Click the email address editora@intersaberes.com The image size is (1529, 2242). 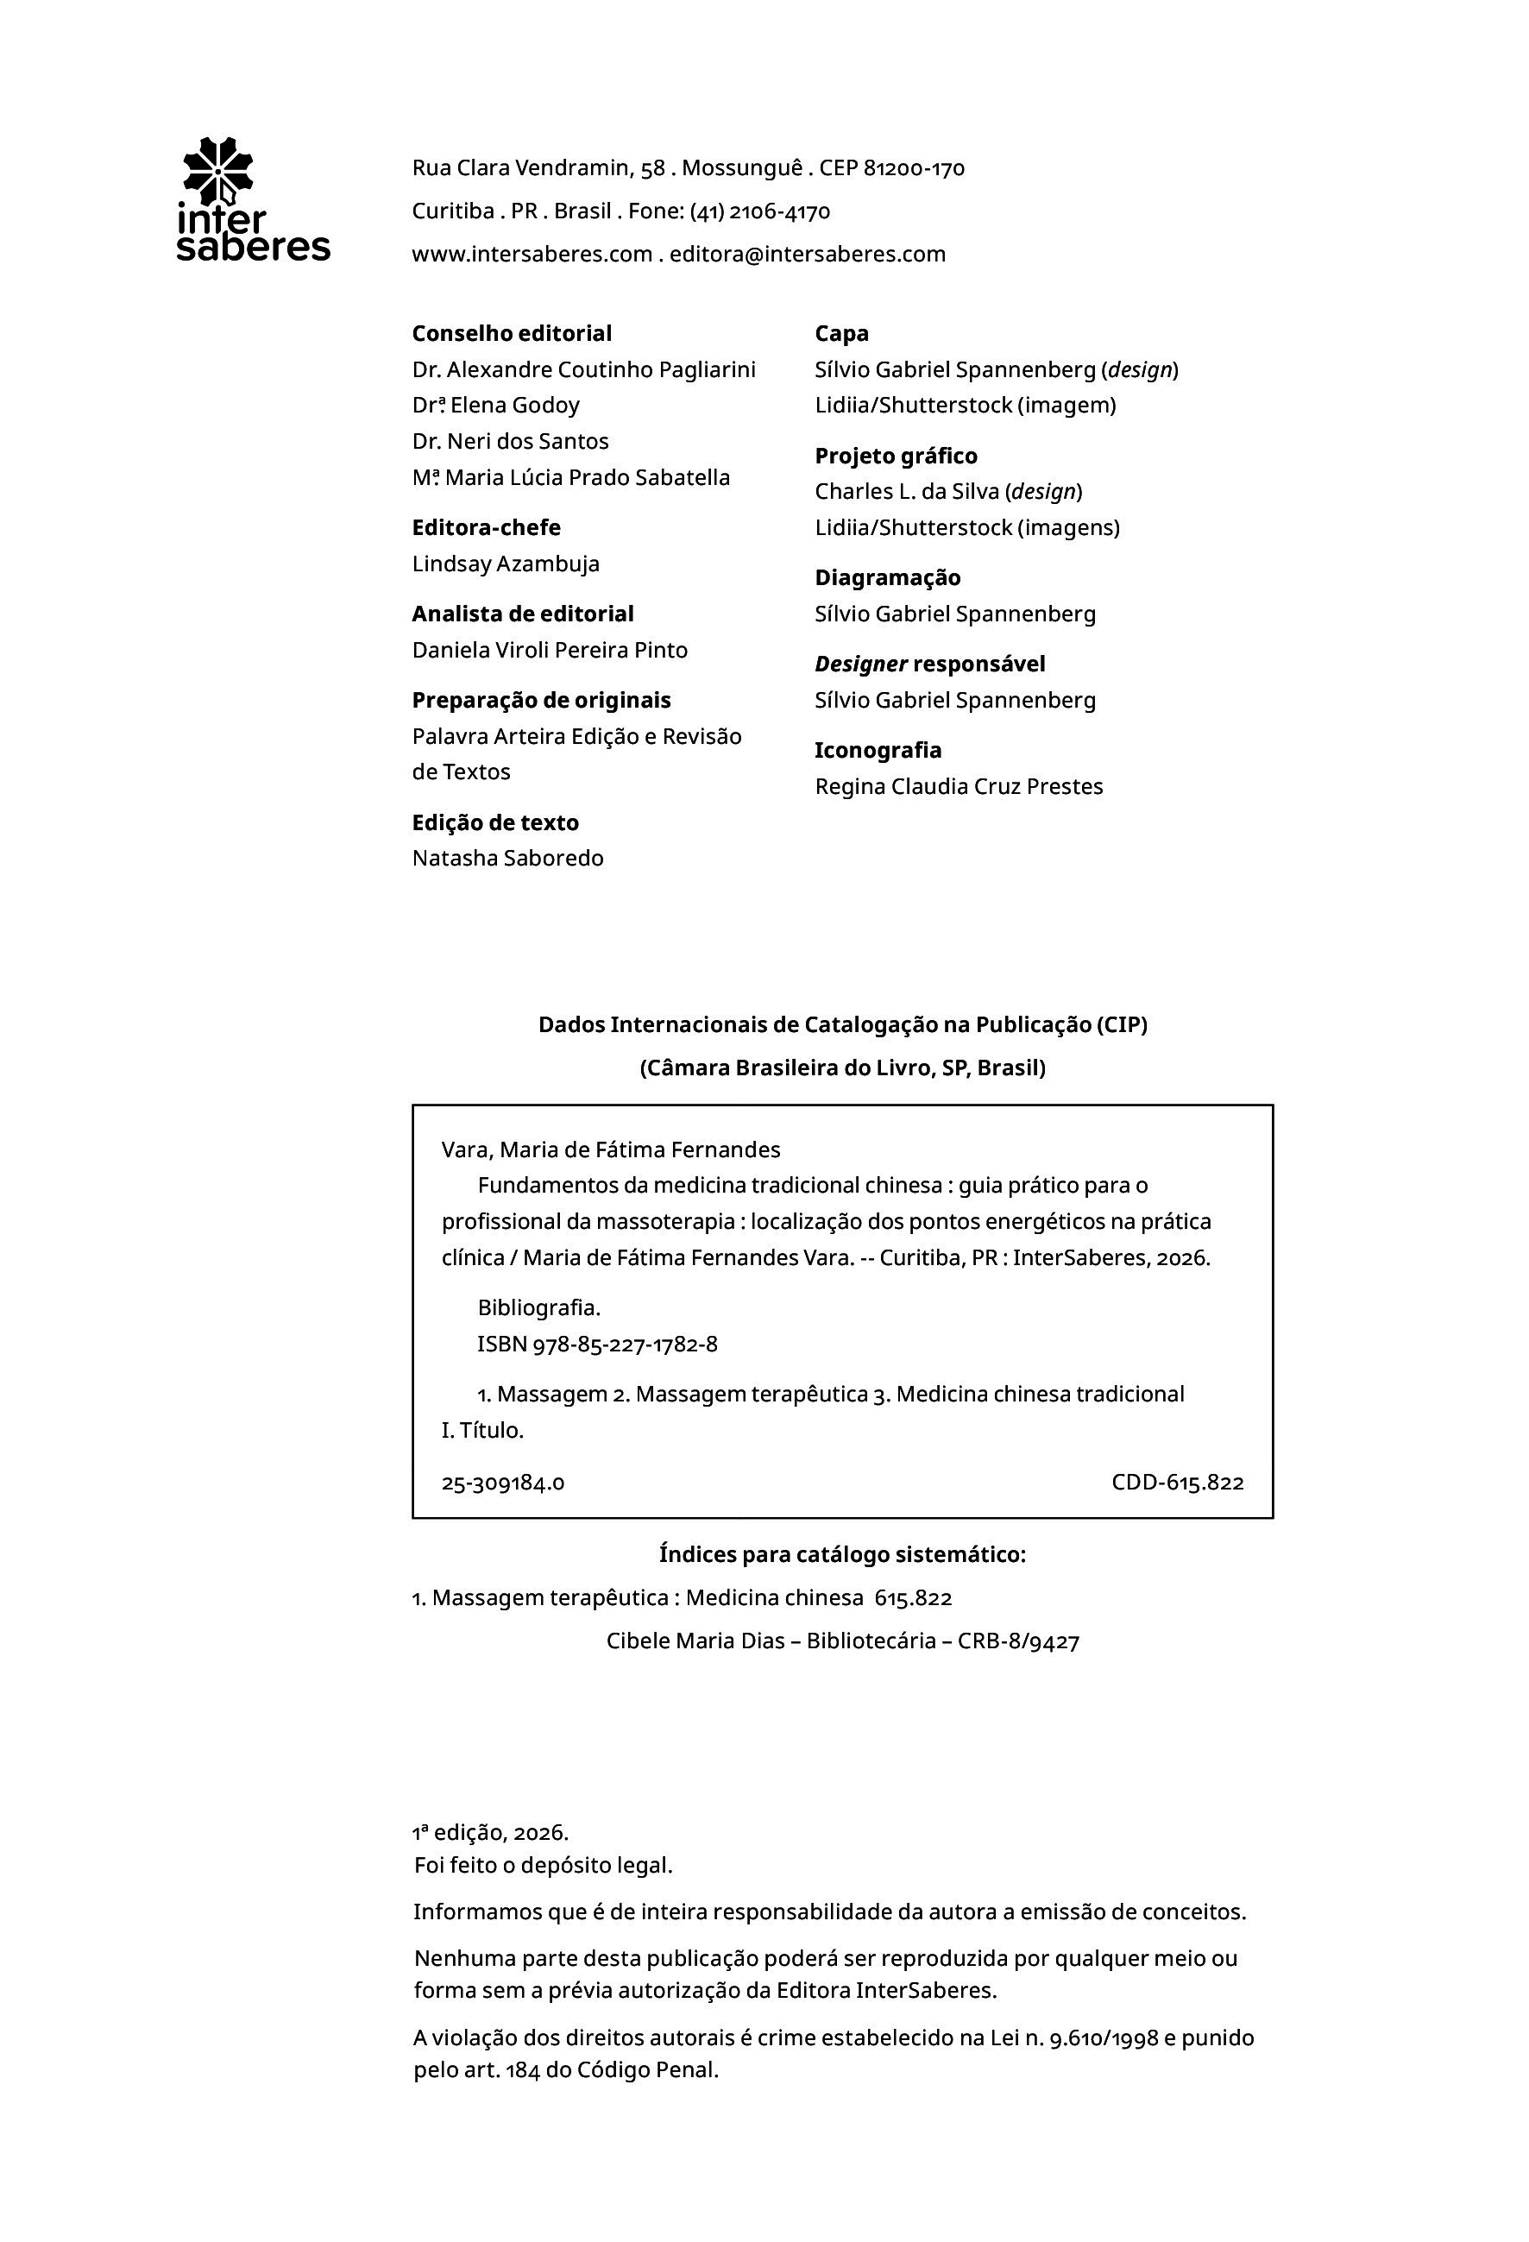tap(808, 255)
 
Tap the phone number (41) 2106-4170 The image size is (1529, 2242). tap(759, 211)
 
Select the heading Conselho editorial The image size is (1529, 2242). tap(512, 334)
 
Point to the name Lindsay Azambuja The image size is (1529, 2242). tap(506, 564)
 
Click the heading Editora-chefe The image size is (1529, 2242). tap(485, 527)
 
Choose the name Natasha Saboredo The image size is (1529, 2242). tap(507, 859)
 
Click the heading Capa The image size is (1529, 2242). tap(841, 334)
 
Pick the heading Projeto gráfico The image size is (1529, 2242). tap(895, 457)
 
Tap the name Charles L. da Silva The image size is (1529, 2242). tap(906, 492)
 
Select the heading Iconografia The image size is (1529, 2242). tap(878, 751)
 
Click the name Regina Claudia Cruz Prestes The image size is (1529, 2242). tap(958, 787)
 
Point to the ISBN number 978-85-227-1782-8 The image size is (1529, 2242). tap(624, 1345)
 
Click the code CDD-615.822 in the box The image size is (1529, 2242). tap(1177, 1483)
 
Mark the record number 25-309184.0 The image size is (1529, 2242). tap(502, 1483)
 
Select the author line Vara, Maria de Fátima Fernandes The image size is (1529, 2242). tap(611, 1150)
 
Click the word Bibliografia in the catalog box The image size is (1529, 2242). tap(538, 1308)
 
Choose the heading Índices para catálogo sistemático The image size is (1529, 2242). tap(842, 1555)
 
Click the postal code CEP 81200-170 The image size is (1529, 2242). tap(891, 169)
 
